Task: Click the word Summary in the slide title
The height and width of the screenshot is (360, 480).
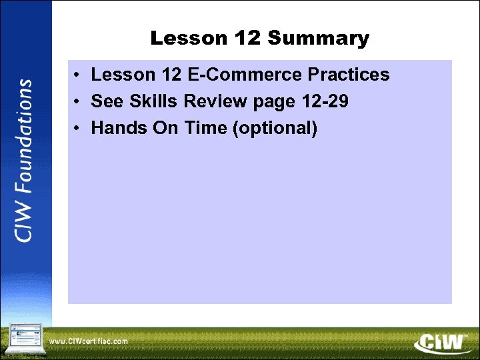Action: point(318,39)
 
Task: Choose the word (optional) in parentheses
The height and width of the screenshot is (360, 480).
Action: point(274,128)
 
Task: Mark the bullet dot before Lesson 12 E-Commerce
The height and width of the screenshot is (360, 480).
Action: point(79,75)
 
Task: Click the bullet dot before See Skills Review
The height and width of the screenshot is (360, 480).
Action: point(79,102)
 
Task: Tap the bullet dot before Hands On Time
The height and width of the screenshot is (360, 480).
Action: point(79,128)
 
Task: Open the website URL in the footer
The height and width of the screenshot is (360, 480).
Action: point(88,341)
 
